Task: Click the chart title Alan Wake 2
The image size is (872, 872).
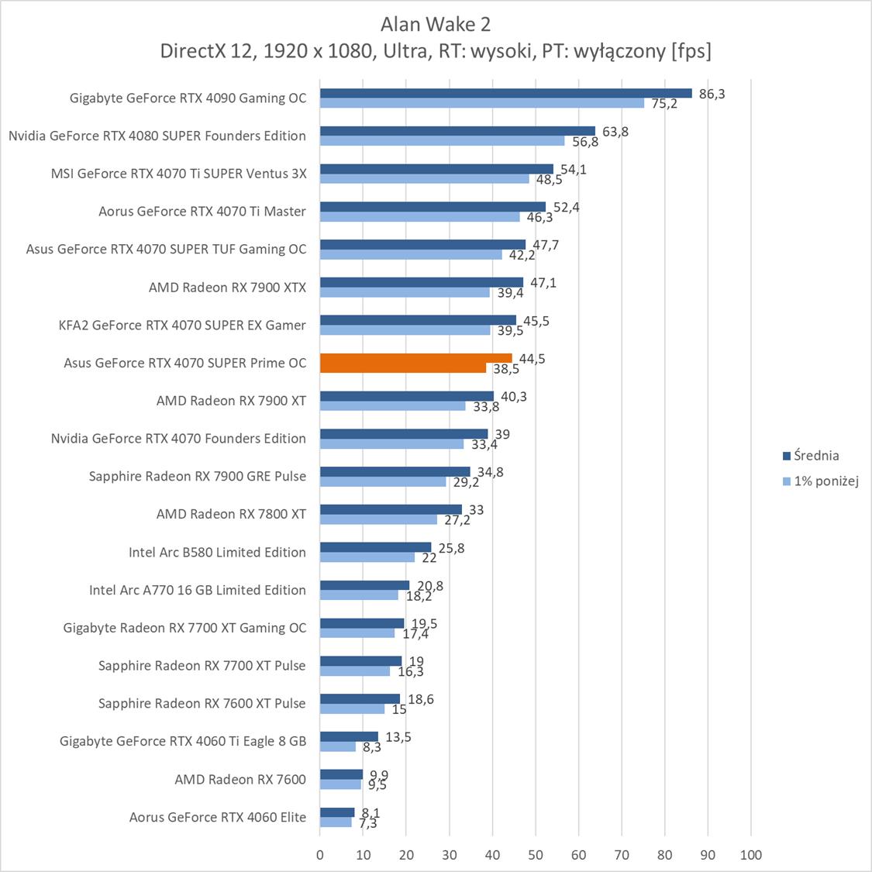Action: tap(436, 24)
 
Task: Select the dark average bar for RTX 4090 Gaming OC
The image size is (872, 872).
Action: tap(505, 93)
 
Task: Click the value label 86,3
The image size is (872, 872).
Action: tap(712, 94)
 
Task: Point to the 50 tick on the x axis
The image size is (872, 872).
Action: tap(535, 855)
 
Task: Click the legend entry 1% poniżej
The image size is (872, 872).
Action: tap(826, 481)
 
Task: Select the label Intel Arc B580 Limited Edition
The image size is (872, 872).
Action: tap(217, 552)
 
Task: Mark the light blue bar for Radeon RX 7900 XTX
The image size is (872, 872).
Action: tap(405, 292)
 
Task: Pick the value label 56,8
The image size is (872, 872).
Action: tap(584, 142)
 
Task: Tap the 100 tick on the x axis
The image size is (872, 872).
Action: tap(750, 855)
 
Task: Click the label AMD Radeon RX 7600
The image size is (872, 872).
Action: tap(240, 779)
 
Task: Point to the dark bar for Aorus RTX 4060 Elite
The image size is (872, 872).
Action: tap(337, 812)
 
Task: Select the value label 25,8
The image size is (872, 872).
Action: tap(451, 548)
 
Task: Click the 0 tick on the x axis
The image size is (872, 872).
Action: tap(320, 855)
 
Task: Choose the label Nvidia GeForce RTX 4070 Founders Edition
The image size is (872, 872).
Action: tap(178, 439)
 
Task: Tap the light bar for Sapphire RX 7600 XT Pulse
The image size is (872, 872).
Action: tap(352, 708)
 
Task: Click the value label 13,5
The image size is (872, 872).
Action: tap(398, 737)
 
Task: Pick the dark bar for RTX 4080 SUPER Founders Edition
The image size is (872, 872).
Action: tap(457, 131)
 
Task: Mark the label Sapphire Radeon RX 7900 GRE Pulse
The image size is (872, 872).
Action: tap(198, 476)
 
